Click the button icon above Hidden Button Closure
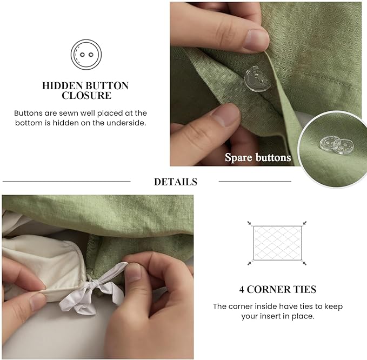pyautogui.click(x=86, y=55)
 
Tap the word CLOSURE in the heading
pyautogui.click(x=86, y=96)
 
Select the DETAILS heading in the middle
pyautogui.click(x=175, y=182)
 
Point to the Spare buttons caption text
pyautogui.click(x=258, y=158)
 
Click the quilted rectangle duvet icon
pyautogui.click(x=277, y=242)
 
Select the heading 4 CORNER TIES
pyautogui.click(x=277, y=289)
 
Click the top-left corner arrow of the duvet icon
pyautogui.click(x=250, y=222)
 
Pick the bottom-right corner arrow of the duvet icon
pyautogui.click(x=305, y=263)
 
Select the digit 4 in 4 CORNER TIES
pyautogui.click(x=242, y=289)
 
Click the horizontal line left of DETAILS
pyautogui.click(x=66, y=181)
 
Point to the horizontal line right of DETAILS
pyautogui.click(x=255, y=181)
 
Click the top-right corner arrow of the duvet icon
pyautogui.click(x=305, y=222)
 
